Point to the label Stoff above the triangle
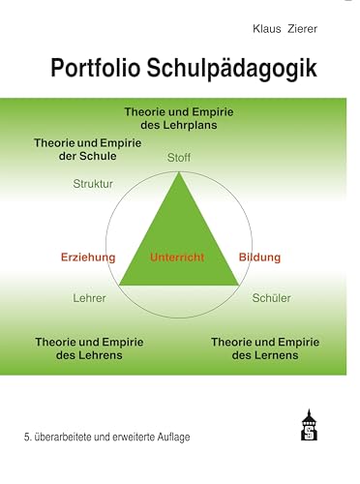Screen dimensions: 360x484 (x=180, y=157)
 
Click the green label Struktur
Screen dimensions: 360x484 (x=93, y=182)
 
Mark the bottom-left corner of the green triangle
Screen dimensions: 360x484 (x=119, y=285)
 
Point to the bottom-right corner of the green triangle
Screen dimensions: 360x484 (x=239, y=285)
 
